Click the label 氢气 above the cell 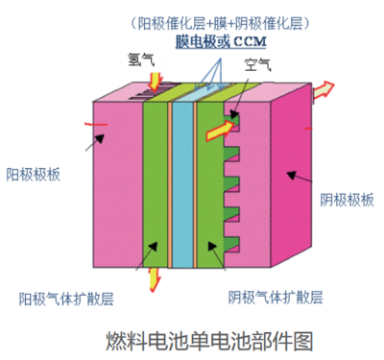coord(141,60)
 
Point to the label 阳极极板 coord(34,174)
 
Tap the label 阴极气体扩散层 coord(274,296)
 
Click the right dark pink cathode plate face coord(289,182)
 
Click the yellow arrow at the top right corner coord(325,89)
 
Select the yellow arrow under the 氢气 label coord(152,87)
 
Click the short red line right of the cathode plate coord(308,126)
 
